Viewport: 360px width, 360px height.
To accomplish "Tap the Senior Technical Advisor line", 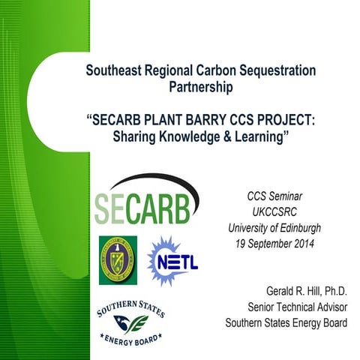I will coord(295,307).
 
